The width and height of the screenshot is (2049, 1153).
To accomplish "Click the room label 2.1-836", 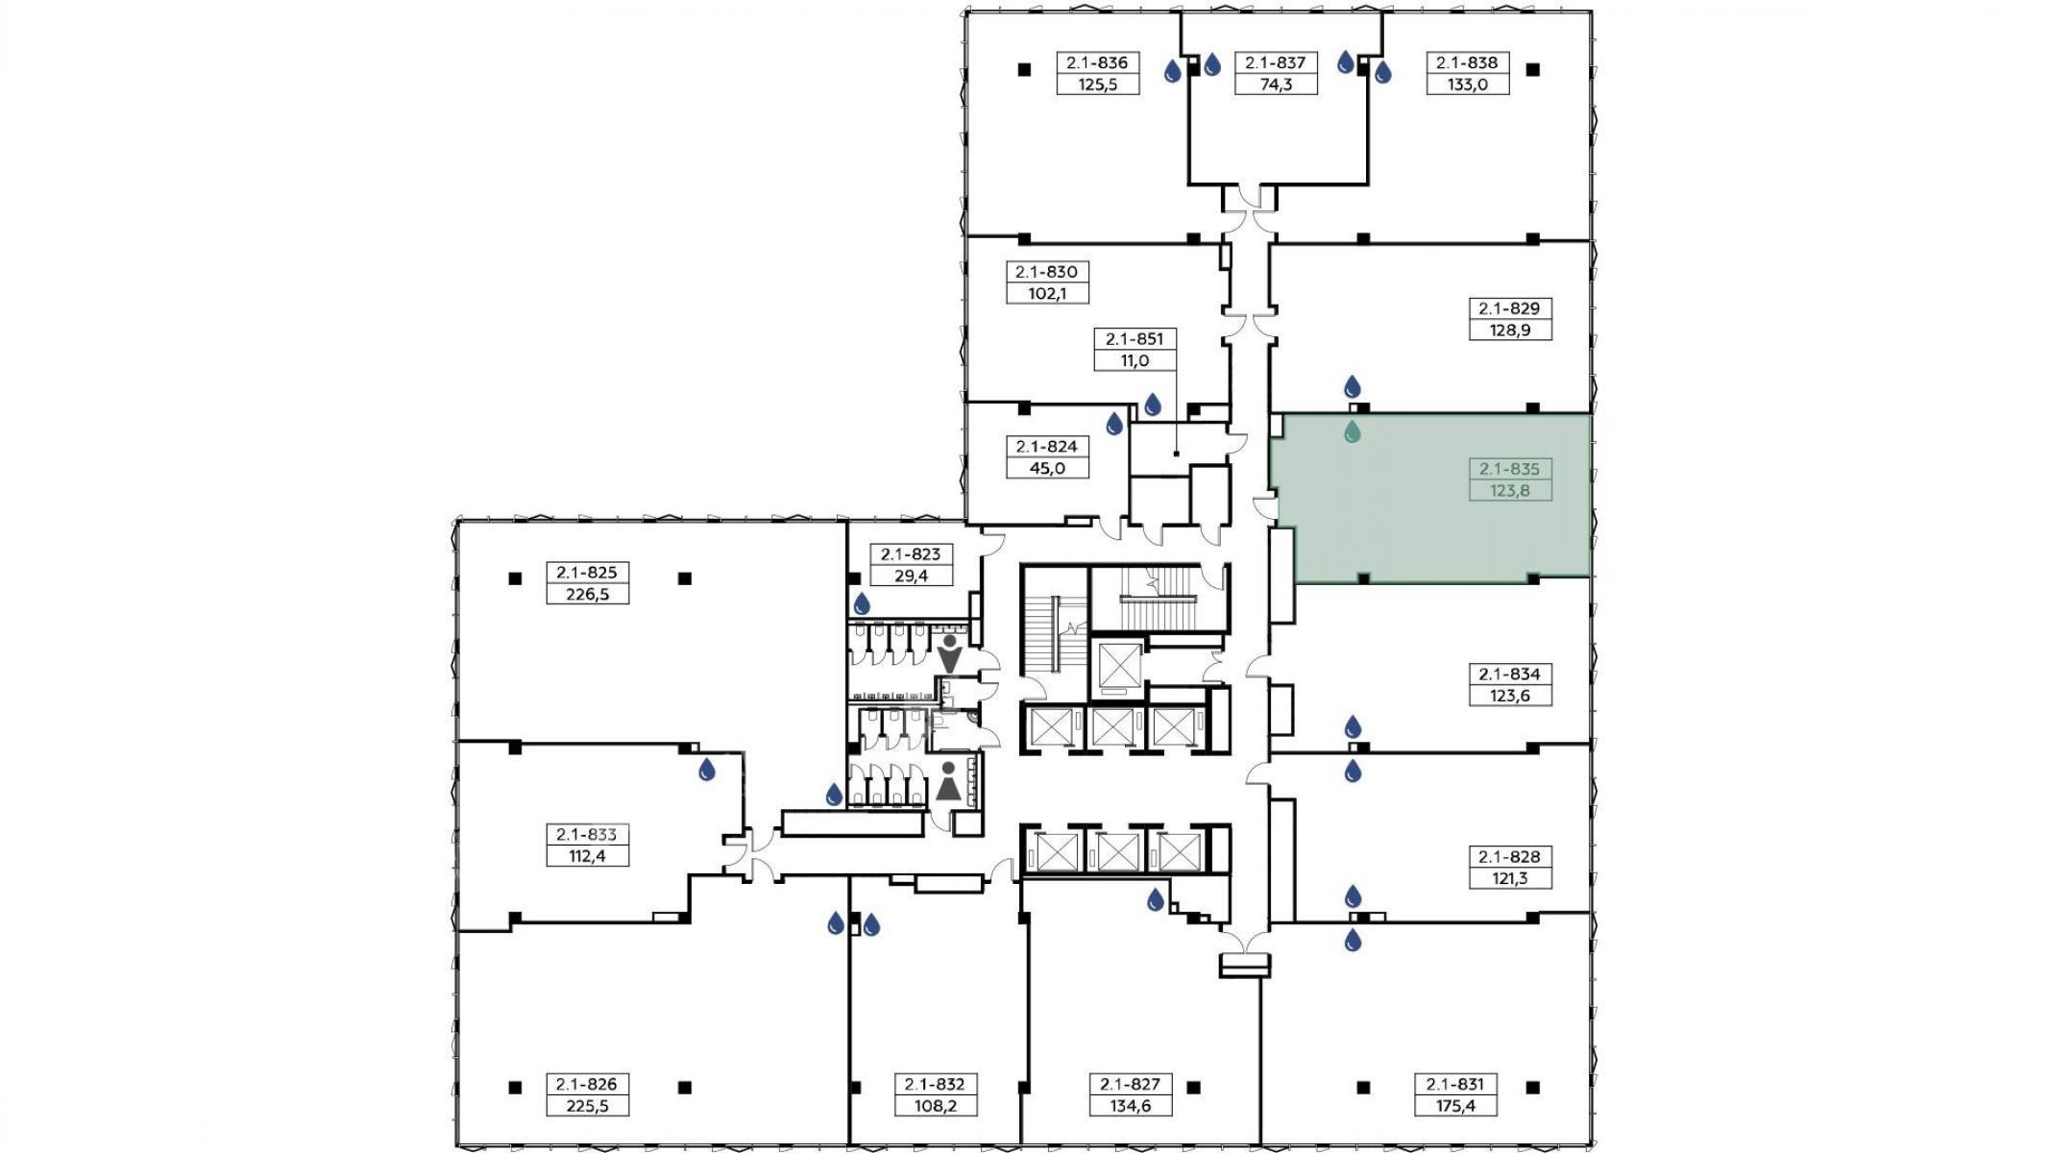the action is click(1097, 62).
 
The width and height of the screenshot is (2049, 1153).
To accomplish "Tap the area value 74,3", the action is click(1276, 85).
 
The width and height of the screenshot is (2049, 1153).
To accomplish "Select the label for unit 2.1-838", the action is click(1467, 62).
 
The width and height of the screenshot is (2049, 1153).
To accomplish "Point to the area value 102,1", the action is click(1047, 293).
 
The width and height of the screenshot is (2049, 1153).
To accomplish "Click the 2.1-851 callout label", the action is click(1134, 338).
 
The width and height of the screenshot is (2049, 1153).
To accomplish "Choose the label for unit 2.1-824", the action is click(1047, 446).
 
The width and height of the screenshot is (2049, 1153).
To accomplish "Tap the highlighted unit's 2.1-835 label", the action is click(1509, 469).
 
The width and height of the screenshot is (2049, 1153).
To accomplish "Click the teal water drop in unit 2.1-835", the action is click(1353, 432).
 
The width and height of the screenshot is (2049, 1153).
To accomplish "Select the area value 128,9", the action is click(1509, 330).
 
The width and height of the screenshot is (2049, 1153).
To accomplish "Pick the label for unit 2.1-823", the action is click(911, 553).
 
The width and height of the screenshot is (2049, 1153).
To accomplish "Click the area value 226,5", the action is click(587, 594).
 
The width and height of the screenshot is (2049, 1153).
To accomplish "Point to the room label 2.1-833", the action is click(587, 834).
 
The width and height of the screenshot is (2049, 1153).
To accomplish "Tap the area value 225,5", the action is click(587, 1106).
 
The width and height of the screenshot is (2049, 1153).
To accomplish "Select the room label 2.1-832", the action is click(935, 1084).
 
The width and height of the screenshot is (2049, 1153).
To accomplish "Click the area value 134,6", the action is click(1130, 1106).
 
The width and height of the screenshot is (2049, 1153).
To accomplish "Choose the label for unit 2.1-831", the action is click(1454, 1084).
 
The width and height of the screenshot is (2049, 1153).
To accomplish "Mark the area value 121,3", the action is click(1509, 878).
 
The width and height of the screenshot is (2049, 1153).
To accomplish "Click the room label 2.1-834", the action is click(1509, 674).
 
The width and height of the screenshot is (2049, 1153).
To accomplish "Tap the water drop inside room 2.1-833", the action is click(707, 769).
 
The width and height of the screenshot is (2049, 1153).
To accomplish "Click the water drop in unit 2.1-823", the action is click(862, 603).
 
